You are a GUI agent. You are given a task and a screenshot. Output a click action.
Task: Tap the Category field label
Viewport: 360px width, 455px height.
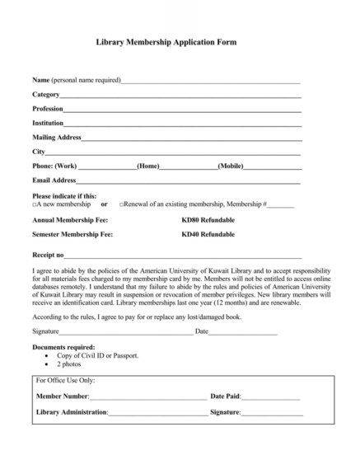coord(46,95)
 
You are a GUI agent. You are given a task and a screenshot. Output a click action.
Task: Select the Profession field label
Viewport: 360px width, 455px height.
coord(48,109)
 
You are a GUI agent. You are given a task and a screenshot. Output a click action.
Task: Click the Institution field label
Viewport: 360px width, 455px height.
coord(48,123)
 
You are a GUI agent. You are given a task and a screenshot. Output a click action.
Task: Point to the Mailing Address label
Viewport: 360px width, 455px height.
coord(56,137)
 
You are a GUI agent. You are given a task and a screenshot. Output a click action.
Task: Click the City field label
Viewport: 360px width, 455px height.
coord(39,152)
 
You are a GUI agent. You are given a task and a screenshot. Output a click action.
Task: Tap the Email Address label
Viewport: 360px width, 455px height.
coord(54,180)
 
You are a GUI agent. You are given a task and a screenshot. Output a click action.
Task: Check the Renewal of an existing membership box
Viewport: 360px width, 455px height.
coord(122,204)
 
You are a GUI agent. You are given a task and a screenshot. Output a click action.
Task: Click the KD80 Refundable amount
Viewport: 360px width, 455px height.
coord(208,220)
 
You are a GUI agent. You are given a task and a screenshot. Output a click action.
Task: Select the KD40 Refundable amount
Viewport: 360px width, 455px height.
coord(208,235)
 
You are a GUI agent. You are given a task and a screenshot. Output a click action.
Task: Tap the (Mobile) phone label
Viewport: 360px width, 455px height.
coord(231,166)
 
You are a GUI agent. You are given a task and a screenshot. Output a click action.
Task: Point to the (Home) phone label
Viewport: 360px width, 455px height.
coord(148,166)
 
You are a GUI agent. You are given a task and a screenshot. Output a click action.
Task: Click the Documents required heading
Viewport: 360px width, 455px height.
coord(63,347)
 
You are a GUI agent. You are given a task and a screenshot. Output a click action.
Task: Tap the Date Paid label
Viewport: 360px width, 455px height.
coord(226,396)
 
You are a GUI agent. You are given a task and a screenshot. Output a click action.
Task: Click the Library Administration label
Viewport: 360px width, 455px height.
coord(72,411)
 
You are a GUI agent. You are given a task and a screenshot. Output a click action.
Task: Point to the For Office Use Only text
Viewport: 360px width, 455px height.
coord(66,381)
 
